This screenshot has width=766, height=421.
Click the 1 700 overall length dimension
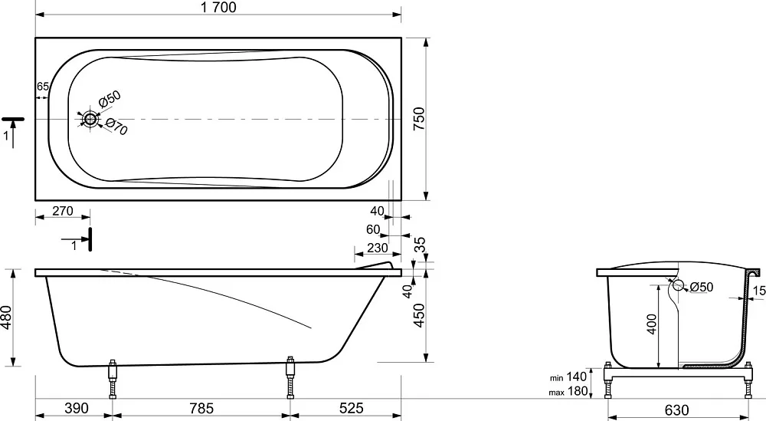[218, 8]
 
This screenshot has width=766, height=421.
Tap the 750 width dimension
[419, 119]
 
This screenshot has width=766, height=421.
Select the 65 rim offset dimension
[43, 87]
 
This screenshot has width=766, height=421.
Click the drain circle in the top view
[90, 119]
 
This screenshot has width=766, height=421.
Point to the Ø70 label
[116, 127]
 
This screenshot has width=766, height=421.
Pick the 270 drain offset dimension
[63, 211]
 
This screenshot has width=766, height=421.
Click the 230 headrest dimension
[378, 248]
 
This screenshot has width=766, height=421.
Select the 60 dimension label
[373, 229]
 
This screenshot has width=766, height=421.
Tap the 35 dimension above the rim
[420, 245]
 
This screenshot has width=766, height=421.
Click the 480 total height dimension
[6, 317]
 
